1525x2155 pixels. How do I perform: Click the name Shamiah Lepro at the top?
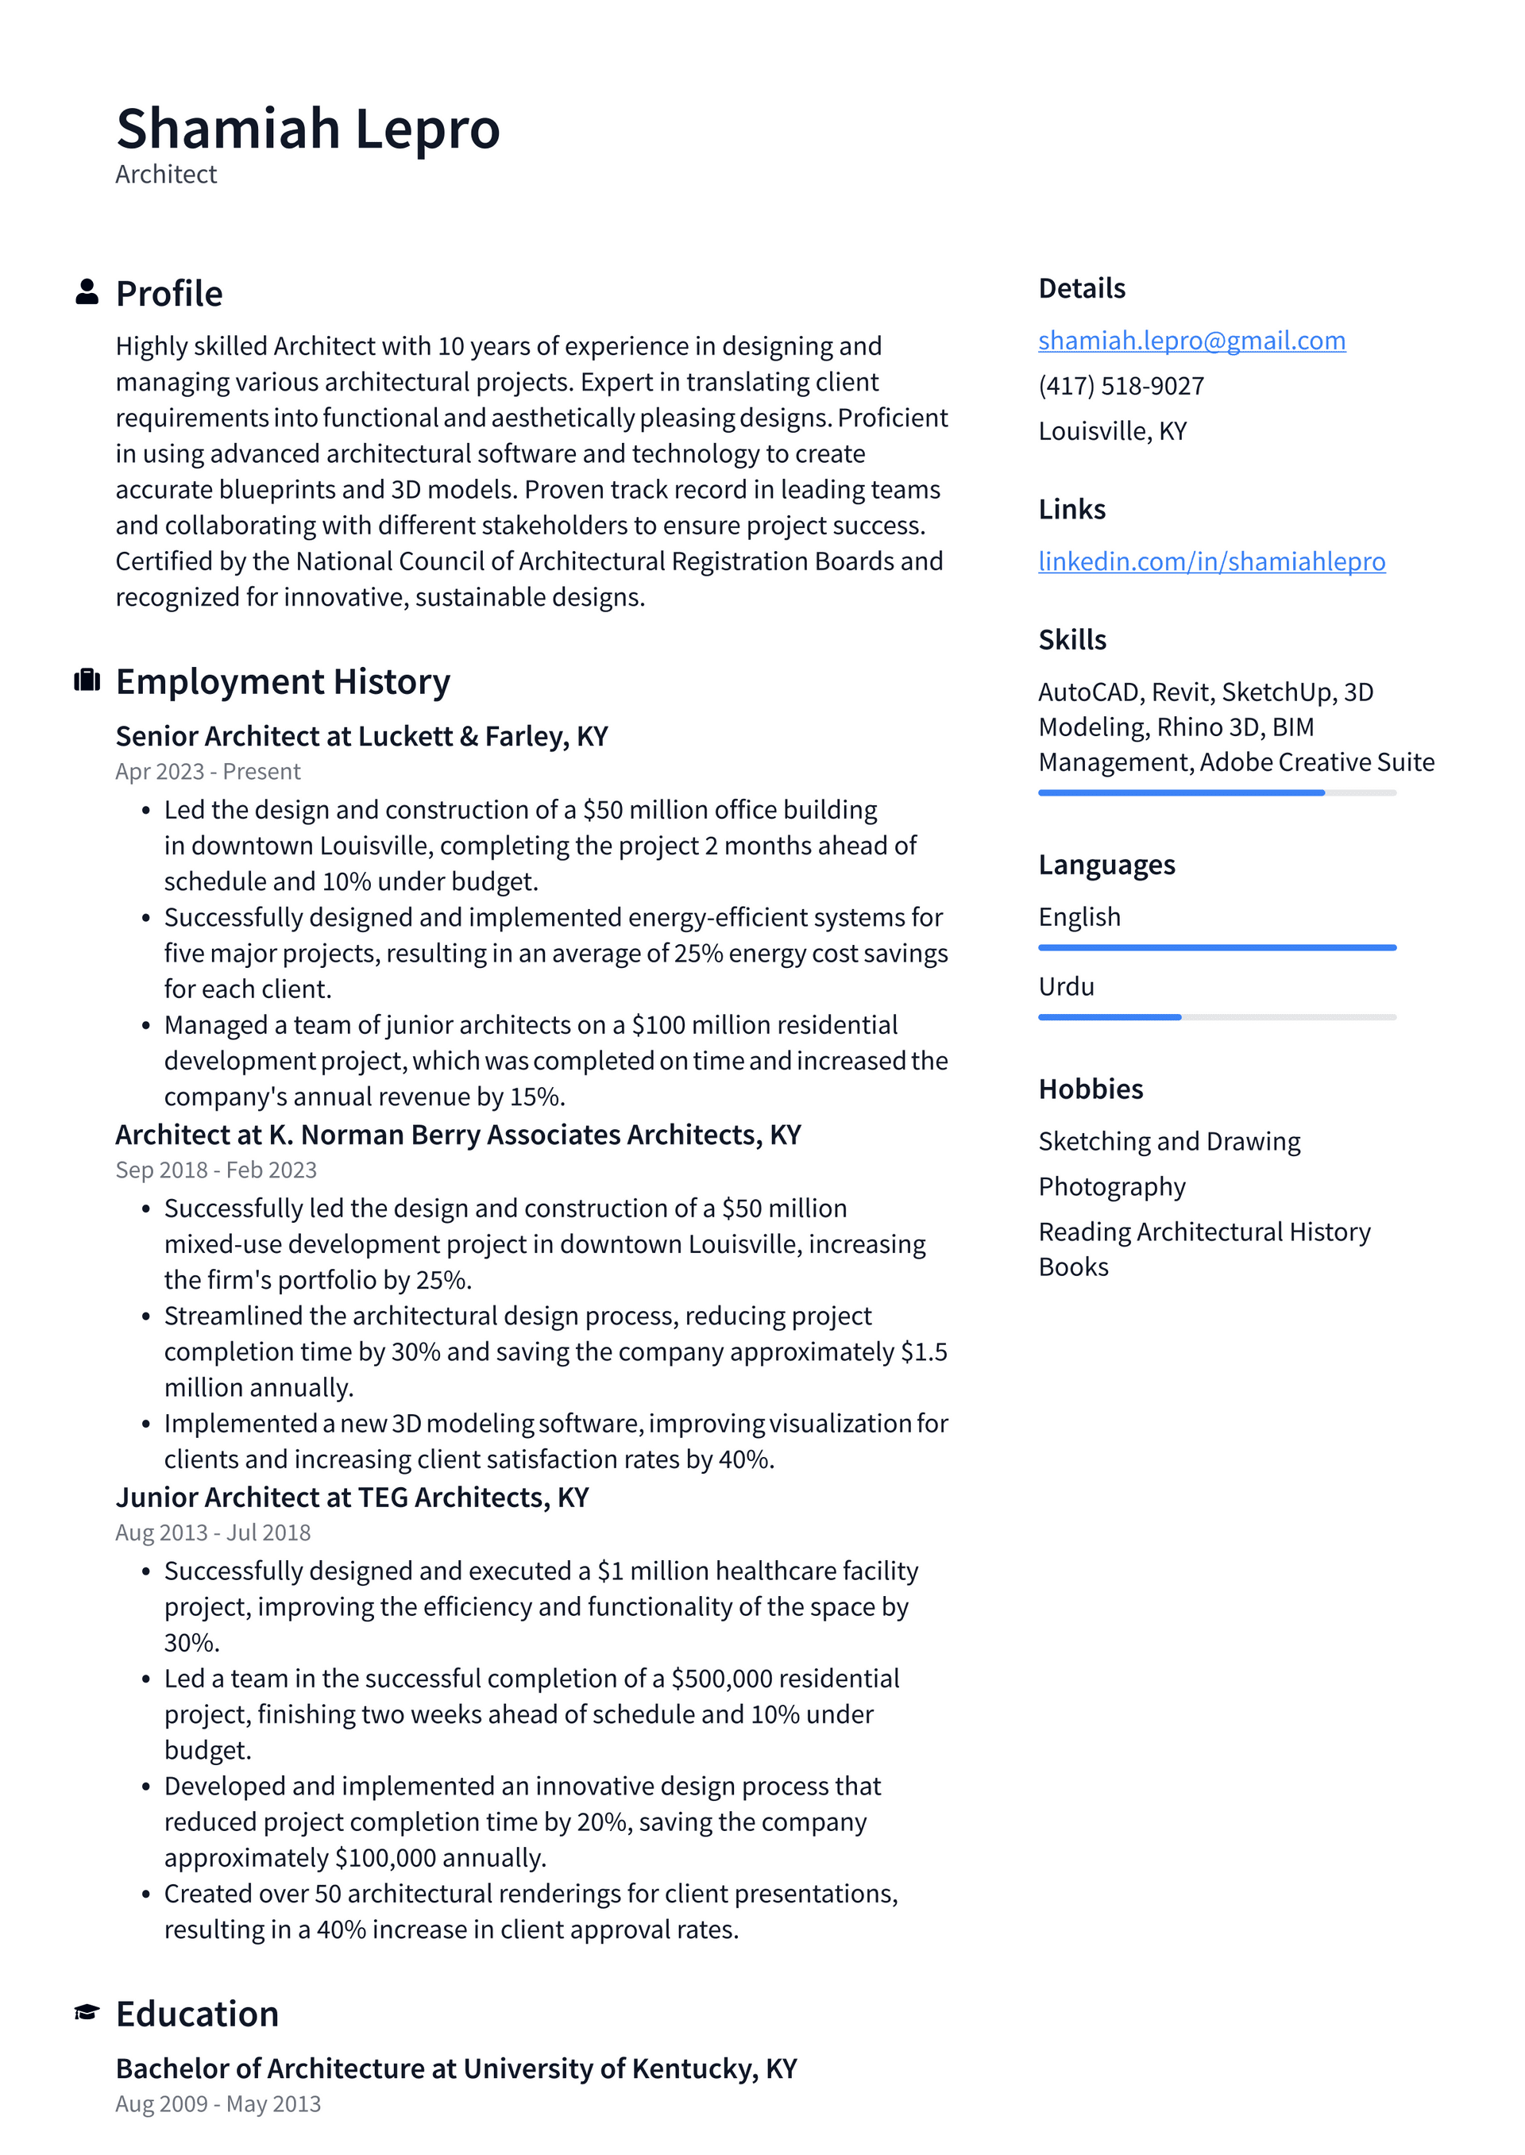click(x=307, y=129)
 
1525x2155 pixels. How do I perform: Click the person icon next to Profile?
click(x=87, y=292)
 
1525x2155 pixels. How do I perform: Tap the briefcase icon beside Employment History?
click(x=87, y=680)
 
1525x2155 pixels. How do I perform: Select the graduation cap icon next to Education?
click(x=87, y=2012)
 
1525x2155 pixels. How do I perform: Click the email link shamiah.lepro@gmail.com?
click(x=1191, y=340)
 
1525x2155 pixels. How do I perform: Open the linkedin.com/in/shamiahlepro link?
click(x=1210, y=561)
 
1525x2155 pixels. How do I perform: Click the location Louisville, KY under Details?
click(x=1112, y=431)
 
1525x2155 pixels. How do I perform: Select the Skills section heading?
click(x=1071, y=639)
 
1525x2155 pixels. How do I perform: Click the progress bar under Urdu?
click(x=1216, y=1016)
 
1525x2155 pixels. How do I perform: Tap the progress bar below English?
click(x=1216, y=947)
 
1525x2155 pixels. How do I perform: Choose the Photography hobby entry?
click(x=1111, y=1186)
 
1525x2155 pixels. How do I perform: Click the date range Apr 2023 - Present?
click(x=207, y=772)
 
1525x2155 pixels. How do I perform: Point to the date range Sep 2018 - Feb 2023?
click(x=216, y=1170)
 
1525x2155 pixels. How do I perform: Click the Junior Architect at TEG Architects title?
click(x=351, y=1497)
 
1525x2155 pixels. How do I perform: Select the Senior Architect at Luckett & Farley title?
click(x=361, y=736)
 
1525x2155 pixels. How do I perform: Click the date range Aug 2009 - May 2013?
click(x=218, y=2103)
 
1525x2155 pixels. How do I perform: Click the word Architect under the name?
click(x=166, y=175)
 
